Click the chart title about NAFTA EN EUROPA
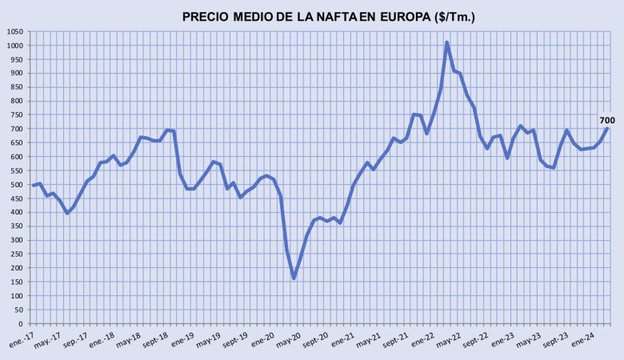click(x=328, y=17)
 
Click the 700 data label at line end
click(x=607, y=120)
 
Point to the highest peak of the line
click(x=446, y=42)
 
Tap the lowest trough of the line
click(x=294, y=278)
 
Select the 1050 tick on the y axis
click(x=14, y=31)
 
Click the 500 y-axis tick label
click(x=17, y=185)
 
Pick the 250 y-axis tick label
click(x=17, y=254)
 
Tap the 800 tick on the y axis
click(x=17, y=101)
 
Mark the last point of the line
click(x=606, y=129)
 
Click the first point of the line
click(x=33, y=186)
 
